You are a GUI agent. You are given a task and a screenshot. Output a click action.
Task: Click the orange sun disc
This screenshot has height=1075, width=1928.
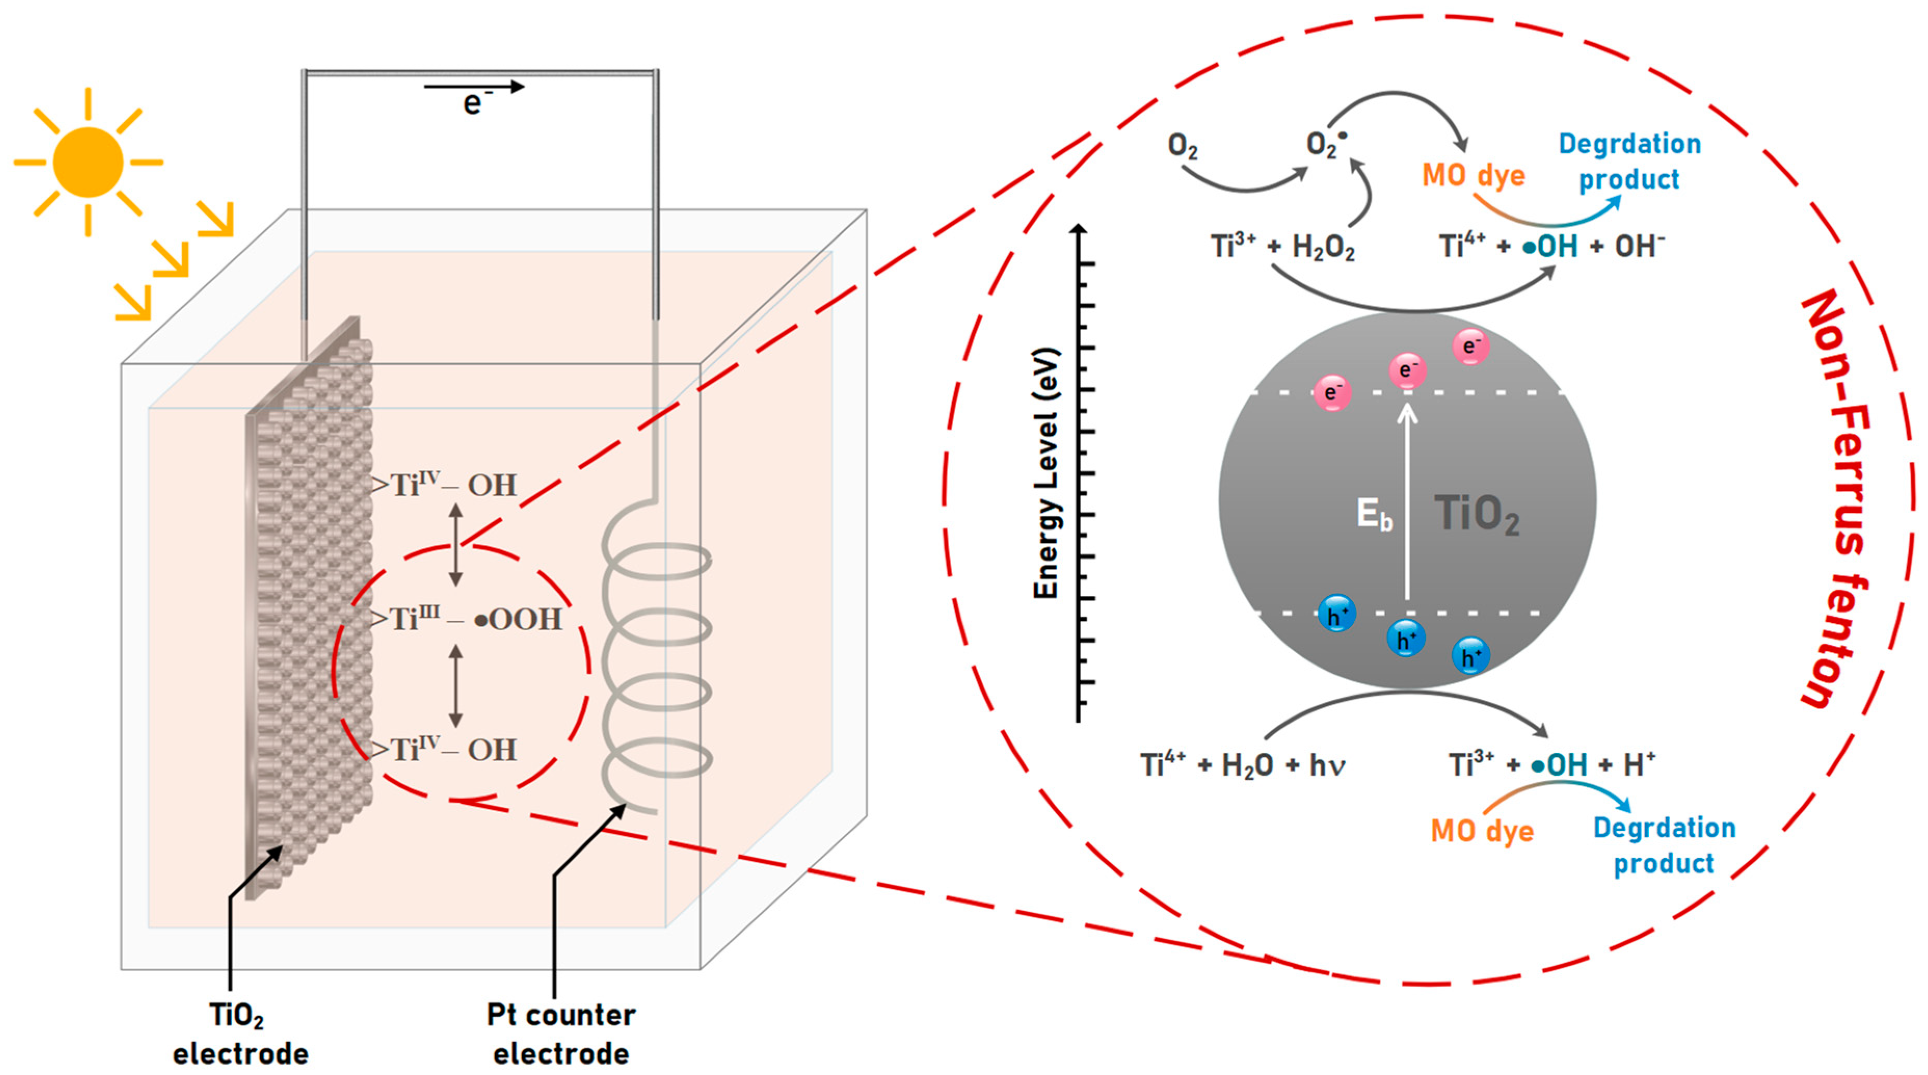tap(88, 162)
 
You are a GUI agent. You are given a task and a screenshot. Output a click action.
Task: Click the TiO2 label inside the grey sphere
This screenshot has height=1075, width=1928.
tap(1476, 515)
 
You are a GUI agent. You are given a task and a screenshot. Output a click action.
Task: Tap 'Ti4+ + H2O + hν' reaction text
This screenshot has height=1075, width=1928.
tap(1242, 765)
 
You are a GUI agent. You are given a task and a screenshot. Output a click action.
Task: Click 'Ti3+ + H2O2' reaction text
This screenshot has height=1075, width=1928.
tap(1282, 246)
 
